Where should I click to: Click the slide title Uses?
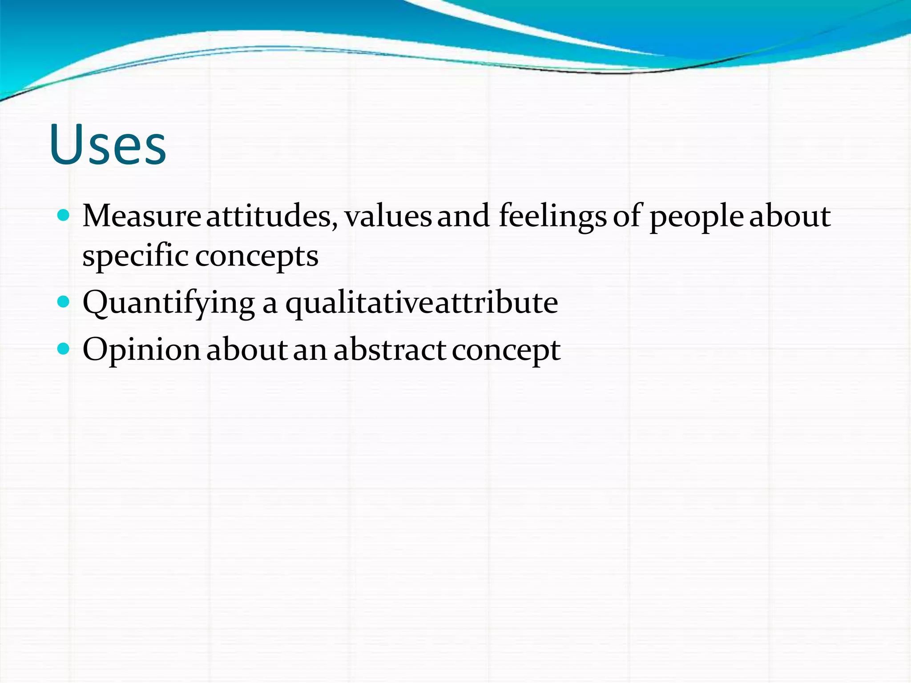coord(108,144)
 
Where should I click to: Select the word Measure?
coord(141,216)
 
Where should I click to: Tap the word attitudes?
coord(272,216)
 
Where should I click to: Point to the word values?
coord(388,216)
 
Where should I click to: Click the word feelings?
coord(552,217)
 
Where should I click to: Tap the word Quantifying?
coord(169,304)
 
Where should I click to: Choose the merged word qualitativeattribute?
coord(421,304)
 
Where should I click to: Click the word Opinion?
coord(141,350)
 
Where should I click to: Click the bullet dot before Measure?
coord(64,216)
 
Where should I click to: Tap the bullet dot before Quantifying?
coord(64,303)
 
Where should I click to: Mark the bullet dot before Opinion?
coord(64,349)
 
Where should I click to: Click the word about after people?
coord(790,216)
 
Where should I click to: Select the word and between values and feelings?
coord(464,216)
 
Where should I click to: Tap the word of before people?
coord(628,216)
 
